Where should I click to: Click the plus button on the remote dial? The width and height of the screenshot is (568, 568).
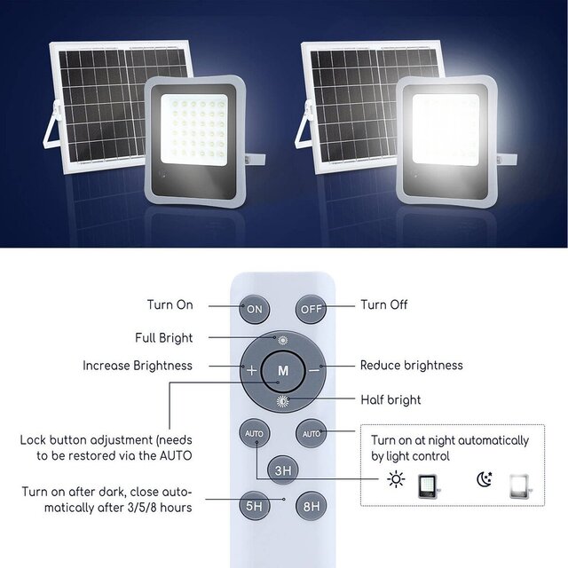tap(252, 369)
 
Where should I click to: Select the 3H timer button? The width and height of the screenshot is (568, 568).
tap(283, 470)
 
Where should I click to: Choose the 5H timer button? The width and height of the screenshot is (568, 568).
tap(255, 507)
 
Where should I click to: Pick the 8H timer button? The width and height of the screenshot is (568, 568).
tap(311, 507)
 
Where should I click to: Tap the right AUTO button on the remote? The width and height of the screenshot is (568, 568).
tap(312, 434)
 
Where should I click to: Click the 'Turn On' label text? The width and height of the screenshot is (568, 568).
tap(170, 305)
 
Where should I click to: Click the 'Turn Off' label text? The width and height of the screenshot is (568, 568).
tap(384, 305)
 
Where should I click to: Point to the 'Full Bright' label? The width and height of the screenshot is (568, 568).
tap(163, 338)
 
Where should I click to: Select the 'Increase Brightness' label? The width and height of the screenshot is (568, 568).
tap(138, 366)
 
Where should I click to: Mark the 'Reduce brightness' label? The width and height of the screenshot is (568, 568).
tap(411, 366)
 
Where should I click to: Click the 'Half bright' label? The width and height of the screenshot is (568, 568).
tap(390, 400)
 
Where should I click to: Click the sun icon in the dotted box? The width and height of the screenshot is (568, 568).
tap(396, 481)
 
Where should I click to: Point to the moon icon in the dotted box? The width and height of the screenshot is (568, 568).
tap(484, 481)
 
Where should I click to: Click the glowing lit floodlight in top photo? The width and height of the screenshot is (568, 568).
tap(446, 138)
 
